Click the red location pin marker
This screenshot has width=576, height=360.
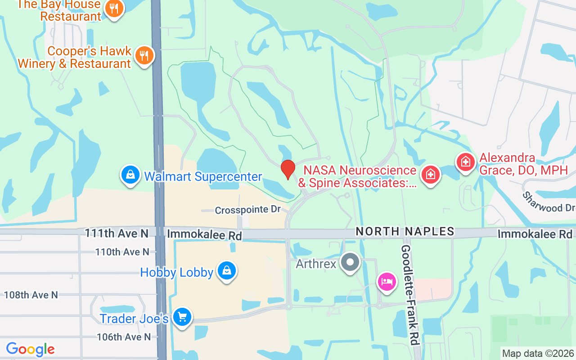(x=288, y=169)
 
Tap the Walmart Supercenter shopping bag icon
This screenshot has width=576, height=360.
(x=130, y=175)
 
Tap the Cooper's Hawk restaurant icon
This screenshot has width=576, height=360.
(x=144, y=56)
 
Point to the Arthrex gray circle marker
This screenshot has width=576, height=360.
(x=350, y=262)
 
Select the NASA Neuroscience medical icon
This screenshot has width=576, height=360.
(x=430, y=174)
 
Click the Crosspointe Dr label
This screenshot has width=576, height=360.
(x=247, y=210)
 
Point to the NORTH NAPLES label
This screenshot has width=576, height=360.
(x=405, y=232)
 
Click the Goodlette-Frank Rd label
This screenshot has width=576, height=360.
(x=410, y=295)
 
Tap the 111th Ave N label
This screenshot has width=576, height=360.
(x=117, y=233)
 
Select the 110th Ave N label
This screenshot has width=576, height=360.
(x=122, y=252)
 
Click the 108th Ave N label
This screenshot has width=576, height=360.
(x=31, y=295)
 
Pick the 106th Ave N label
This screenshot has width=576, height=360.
(x=124, y=337)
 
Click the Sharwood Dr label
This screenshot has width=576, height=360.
(x=549, y=202)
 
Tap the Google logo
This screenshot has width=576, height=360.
(x=30, y=350)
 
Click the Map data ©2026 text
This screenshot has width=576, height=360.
(x=538, y=354)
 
